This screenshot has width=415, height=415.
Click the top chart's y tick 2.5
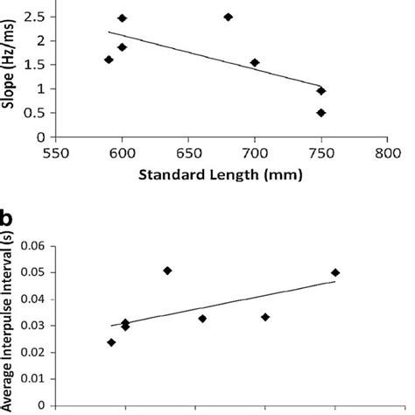click(37, 17)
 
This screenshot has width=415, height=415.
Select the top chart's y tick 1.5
click(37, 65)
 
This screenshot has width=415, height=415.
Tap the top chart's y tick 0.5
click(37, 113)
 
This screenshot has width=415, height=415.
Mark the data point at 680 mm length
click(229, 17)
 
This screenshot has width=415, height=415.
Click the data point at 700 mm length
click(255, 62)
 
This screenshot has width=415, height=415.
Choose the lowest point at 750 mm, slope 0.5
click(321, 113)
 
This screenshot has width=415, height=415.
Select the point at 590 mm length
click(109, 60)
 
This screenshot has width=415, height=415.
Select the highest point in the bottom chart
click(167, 271)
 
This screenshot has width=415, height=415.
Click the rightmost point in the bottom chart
click(335, 272)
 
